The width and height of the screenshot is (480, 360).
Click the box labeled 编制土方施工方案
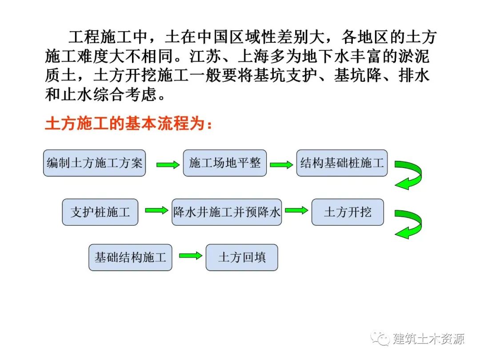pos(94,163)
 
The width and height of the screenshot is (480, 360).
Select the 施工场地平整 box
pos(224,163)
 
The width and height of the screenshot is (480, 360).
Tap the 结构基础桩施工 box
pos(342,163)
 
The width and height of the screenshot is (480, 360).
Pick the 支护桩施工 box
pos(100,212)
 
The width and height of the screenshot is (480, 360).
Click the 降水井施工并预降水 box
pos(227,212)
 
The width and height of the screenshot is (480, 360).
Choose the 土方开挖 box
pos(348,212)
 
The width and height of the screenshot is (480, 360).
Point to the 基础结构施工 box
pos(130,257)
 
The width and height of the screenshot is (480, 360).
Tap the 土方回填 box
pos(242,257)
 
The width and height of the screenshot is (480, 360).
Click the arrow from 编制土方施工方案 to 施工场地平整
pos(168,165)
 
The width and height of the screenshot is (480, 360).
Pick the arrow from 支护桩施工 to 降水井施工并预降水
pos(156,210)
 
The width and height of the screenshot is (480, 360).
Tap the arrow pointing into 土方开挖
pos(296,210)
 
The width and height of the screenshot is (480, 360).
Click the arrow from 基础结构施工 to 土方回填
pos(190,256)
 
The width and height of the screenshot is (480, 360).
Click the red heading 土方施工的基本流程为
pos(129,124)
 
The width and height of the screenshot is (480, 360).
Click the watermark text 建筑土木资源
pos(429,339)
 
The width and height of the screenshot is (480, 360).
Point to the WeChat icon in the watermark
pos(380,339)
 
